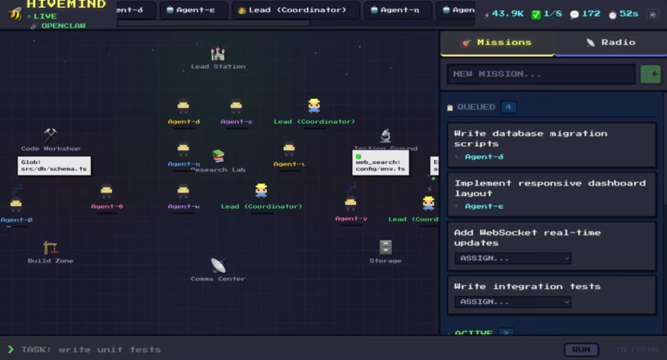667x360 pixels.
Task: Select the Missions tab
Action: pyautogui.click(x=497, y=43)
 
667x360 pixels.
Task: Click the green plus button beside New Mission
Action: pyautogui.click(x=650, y=74)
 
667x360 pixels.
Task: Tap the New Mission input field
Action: pyautogui.click(x=541, y=74)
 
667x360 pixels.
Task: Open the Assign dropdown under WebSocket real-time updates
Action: pyautogui.click(x=513, y=258)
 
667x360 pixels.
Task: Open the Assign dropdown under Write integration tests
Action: pyautogui.click(x=513, y=302)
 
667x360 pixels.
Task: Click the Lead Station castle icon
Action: pyautogui.click(x=218, y=54)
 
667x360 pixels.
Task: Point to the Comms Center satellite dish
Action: pyautogui.click(x=218, y=266)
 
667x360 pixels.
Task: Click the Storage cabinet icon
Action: pyautogui.click(x=385, y=248)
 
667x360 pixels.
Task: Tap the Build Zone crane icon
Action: pyautogui.click(x=51, y=248)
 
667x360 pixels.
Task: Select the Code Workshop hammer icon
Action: pyautogui.click(x=51, y=135)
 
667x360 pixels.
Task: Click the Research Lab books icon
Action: pyautogui.click(x=218, y=156)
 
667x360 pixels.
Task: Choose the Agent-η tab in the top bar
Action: pyautogui.click(x=395, y=10)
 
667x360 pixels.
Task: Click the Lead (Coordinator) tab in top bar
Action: pyautogui.click(x=295, y=10)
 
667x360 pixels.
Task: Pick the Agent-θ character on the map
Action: pyautogui.click(x=107, y=192)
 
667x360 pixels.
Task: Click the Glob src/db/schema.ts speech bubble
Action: pyautogui.click(x=54, y=165)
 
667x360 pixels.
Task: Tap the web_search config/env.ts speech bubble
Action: pyautogui.click(x=380, y=162)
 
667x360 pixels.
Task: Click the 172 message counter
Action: pyautogui.click(x=585, y=14)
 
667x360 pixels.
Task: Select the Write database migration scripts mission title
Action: pyautogui.click(x=530, y=138)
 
